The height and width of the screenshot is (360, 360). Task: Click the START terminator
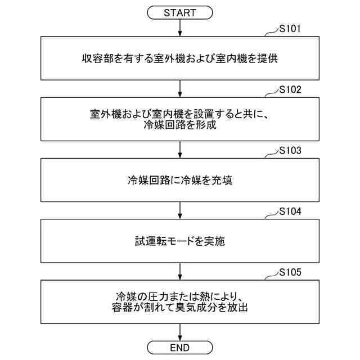click(x=179, y=12)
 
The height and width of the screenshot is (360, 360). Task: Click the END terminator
click(x=179, y=346)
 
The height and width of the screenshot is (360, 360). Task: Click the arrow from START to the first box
click(x=179, y=27)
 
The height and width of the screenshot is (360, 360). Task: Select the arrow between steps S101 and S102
click(x=179, y=88)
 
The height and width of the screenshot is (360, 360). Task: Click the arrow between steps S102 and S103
click(x=179, y=149)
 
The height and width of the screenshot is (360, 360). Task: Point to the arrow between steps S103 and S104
click(x=179, y=210)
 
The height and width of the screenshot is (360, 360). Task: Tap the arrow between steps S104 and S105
click(x=179, y=271)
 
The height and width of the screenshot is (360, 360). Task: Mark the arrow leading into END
click(x=179, y=332)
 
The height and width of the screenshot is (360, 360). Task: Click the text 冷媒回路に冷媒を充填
click(x=180, y=181)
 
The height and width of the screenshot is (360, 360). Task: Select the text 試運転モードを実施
click(x=180, y=242)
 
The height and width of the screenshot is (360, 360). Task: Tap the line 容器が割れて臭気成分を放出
click(x=180, y=308)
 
